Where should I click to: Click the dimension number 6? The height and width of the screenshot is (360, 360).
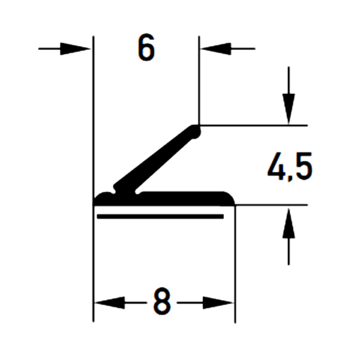[146, 47]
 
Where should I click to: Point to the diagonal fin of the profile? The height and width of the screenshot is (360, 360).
[156, 159]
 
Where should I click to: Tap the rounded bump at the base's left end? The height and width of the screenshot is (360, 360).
[107, 196]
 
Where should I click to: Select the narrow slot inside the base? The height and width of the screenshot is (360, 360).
[162, 214]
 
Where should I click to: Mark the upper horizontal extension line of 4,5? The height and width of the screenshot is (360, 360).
[258, 125]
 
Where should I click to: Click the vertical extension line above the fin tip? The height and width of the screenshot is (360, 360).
[199, 78]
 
